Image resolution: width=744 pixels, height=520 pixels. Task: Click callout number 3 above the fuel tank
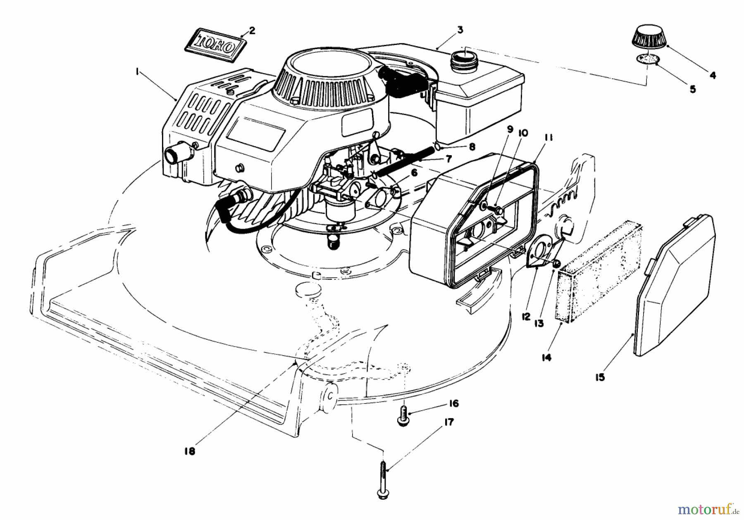460,30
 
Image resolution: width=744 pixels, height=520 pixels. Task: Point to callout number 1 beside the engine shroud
136,71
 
